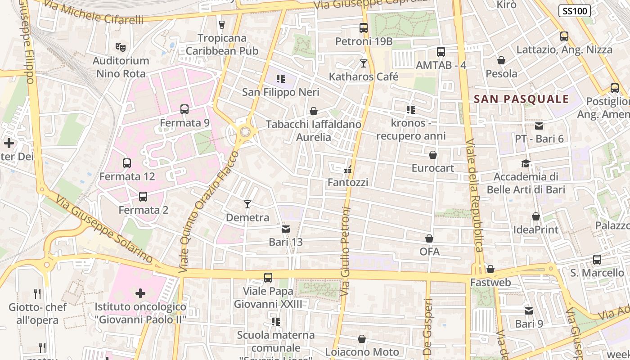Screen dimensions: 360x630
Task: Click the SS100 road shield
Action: coord(575,11)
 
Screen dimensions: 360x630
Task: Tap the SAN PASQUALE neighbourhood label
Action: coord(521,99)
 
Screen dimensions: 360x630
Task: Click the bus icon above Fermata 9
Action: coord(184,109)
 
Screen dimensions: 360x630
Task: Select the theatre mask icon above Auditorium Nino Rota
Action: coord(120,47)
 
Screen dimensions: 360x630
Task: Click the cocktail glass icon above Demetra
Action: coord(247,204)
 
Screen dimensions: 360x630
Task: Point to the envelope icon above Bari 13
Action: coord(285,229)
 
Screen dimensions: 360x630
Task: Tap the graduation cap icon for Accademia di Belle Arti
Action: coord(526,163)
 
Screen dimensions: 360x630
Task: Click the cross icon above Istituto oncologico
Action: coord(140,294)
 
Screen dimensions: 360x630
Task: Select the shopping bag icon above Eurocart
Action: coord(433,155)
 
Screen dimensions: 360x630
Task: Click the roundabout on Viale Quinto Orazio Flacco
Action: coord(245,132)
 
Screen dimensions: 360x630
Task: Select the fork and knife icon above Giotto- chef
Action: coord(37,294)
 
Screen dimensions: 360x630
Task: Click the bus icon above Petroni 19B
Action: coord(364,28)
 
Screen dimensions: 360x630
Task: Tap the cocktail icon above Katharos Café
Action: coord(364,63)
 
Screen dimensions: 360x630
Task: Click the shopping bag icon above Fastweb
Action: coord(490,269)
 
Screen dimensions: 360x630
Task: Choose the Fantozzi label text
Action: coord(348,182)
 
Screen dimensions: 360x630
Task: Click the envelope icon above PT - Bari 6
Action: coord(539,126)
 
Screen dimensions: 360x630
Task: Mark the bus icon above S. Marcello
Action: coord(597,260)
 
